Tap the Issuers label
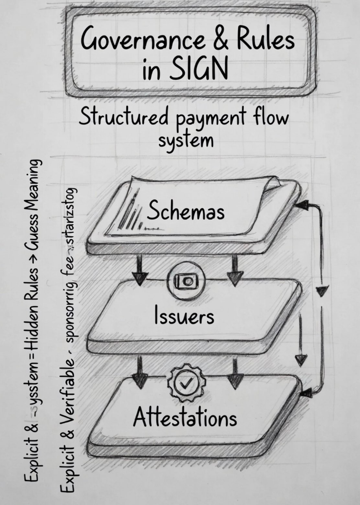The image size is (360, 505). (x=184, y=316)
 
